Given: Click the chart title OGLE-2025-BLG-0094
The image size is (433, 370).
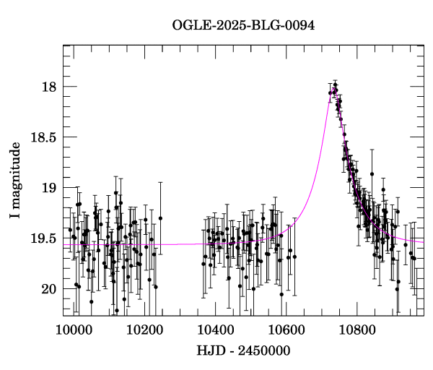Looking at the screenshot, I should [x=244, y=25].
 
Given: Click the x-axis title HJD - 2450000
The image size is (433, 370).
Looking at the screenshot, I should [x=243, y=351].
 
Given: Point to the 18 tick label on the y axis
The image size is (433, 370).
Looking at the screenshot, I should [x=48, y=87].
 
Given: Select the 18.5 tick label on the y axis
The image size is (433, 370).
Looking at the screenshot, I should [x=43, y=137].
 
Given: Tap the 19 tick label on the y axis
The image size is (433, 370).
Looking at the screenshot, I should [x=48, y=188].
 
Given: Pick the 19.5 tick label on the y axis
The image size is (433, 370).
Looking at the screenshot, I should [x=43, y=238].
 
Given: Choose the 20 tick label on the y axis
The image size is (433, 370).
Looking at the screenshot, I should [x=48, y=289].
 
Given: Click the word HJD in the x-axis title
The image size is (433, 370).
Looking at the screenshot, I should [x=211, y=351].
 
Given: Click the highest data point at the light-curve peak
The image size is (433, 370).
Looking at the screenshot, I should [x=336, y=85].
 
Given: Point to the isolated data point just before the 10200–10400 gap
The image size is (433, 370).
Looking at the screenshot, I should [x=160, y=218].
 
